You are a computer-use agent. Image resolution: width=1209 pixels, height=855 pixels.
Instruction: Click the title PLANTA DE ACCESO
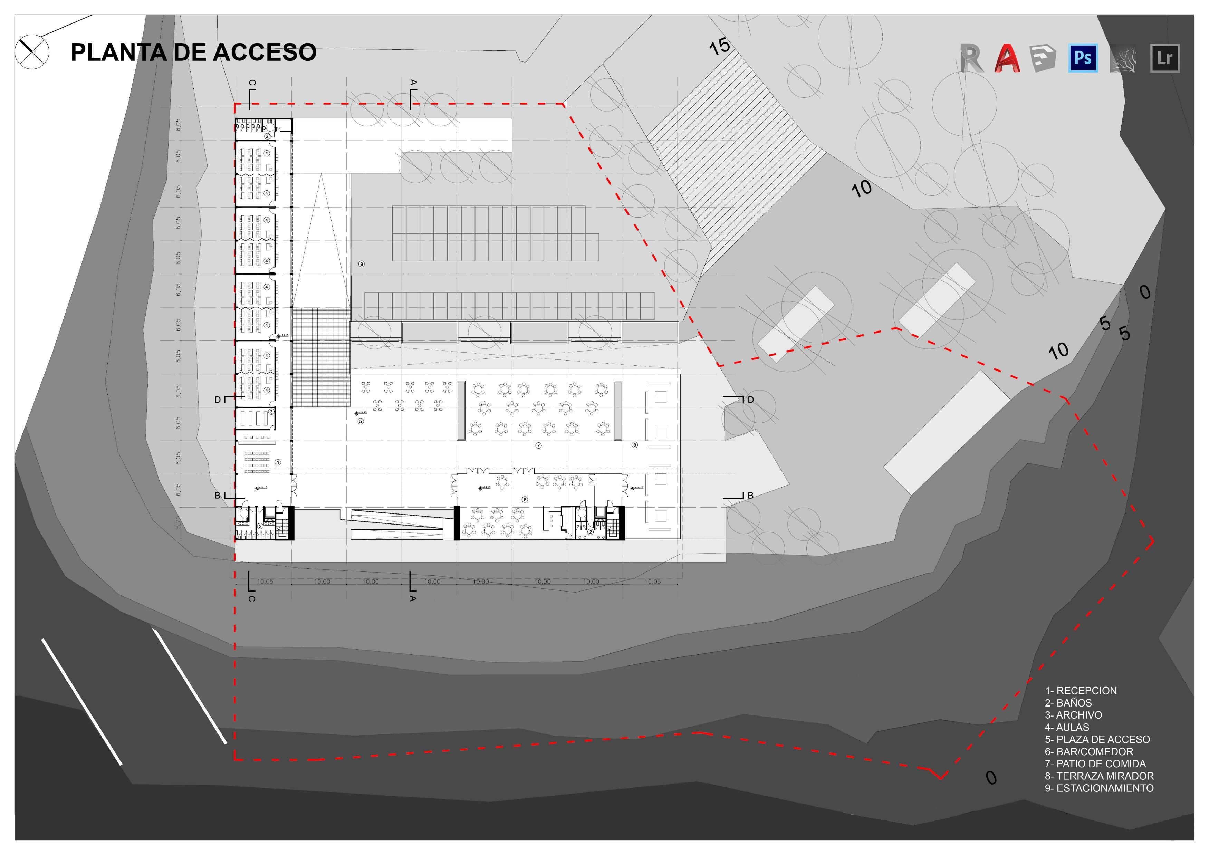point(193,52)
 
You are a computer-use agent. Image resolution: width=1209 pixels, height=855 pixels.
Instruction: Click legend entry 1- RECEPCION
point(1081,690)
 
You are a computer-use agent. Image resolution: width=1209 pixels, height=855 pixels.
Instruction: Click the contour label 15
point(719,46)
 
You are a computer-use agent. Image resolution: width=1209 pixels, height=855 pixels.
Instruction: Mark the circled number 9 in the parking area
point(361,264)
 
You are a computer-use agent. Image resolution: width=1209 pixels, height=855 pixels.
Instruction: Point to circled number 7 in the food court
point(538,445)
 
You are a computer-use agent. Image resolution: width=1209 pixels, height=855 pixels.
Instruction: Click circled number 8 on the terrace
point(634,445)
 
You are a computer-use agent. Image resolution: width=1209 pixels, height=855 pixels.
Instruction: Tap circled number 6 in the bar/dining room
point(525,499)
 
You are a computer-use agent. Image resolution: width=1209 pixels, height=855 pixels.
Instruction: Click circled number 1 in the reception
point(278,462)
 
